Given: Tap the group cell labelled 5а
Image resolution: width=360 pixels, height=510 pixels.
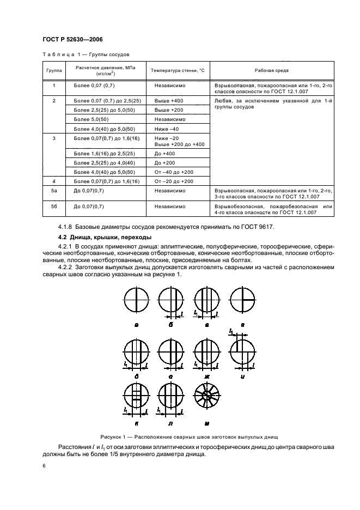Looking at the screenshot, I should click(x=54, y=191).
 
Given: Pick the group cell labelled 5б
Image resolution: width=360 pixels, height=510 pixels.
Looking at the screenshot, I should click(x=54, y=207).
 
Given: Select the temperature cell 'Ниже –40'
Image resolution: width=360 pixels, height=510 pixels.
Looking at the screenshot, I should click(x=167, y=129).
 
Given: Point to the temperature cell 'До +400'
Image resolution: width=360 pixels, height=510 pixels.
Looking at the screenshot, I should click(x=164, y=155).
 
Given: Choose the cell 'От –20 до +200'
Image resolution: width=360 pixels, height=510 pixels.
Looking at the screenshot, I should click(x=174, y=181).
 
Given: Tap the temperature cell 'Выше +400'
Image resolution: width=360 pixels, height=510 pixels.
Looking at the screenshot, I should click(x=169, y=101).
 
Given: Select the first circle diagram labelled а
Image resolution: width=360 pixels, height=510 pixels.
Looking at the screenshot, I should click(x=136, y=300).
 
